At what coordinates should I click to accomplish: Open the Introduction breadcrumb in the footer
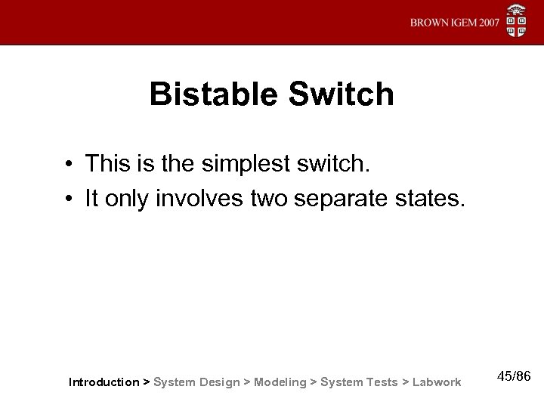(x=104, y=382)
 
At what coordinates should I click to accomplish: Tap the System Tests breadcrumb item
(x=359, y=382)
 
